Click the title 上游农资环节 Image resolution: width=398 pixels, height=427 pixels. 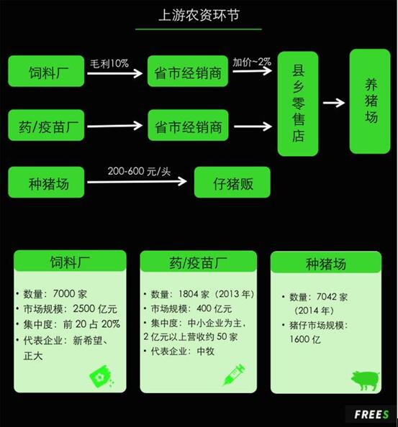tap(199, 15)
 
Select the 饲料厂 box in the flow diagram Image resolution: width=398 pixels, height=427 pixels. tap(46, 71)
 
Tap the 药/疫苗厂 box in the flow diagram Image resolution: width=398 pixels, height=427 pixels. tap(46, 125)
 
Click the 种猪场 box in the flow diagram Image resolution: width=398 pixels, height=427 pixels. tap(46, 182)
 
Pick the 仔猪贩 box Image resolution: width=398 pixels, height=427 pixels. tap(232, 182)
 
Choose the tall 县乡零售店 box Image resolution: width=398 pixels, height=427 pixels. tap(298, 104)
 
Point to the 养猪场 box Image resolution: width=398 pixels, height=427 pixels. tap(370, 101)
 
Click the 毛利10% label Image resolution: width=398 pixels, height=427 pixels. tap(109, 63)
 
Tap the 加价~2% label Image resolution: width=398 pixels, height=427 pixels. tap(252, 62)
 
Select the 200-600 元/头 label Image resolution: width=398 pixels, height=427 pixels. tap(139, 171)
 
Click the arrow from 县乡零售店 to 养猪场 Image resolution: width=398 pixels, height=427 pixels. tap(334, 103)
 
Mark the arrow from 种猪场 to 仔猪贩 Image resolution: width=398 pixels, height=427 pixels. tap(137, 181)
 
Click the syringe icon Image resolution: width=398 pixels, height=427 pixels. tap(234, 375)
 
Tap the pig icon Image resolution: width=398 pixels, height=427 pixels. tap(365, 380)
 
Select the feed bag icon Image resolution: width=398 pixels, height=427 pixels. tap(101, 377)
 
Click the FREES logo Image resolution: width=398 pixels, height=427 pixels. tap(371, 415)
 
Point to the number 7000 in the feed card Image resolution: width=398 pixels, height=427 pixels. tap(64, 293)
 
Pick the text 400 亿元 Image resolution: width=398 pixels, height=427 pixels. tap(214, 308)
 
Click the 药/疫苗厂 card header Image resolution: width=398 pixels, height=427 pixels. tap(199, 261)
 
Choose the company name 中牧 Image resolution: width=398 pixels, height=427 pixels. tap(206, 352)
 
